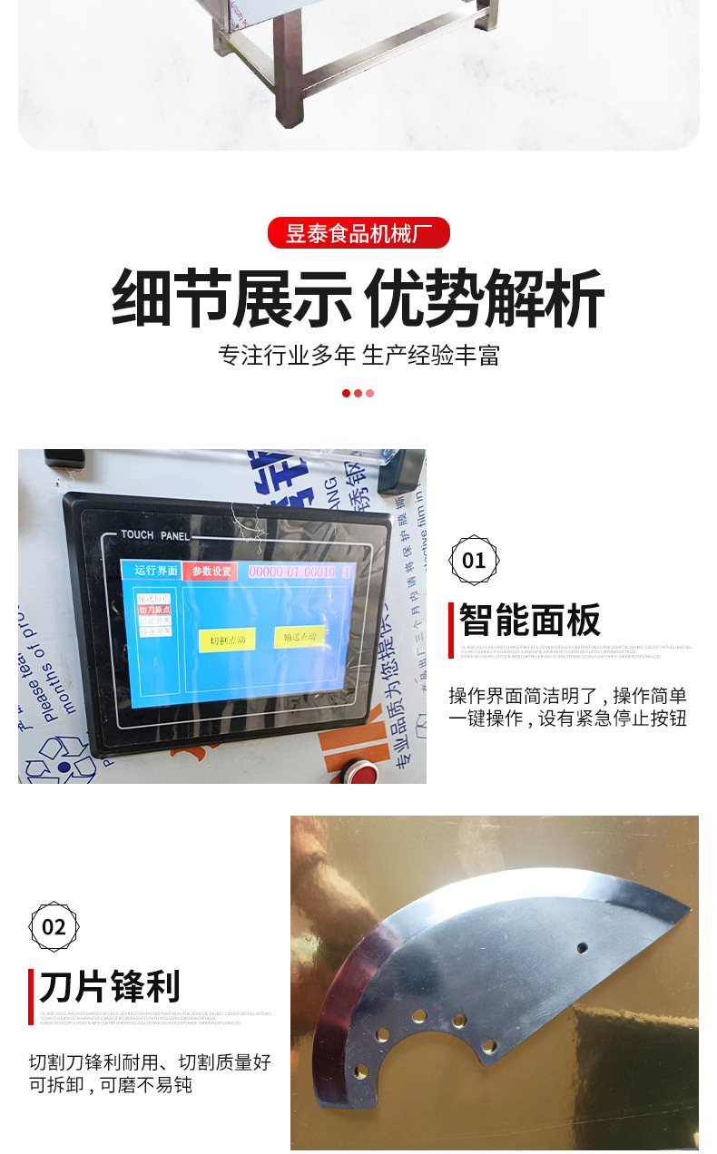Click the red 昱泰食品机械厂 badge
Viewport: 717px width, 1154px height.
[358, 233]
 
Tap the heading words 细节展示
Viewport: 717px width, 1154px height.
[231, 298]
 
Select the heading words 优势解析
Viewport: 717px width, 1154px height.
[484, 298]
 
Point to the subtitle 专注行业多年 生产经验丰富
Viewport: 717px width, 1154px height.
[358, 355]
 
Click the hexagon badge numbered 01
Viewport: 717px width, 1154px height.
[474, 560]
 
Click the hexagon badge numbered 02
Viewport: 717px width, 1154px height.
[54, 926]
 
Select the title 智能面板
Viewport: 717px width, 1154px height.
[530, 621]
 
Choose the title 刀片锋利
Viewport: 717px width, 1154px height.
[110, 986]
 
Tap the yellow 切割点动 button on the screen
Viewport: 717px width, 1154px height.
[227, 640]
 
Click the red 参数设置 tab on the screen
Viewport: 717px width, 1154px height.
[210, 572]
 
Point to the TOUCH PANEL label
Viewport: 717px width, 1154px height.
[155, 535]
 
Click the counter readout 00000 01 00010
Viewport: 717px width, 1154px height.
[292, 572]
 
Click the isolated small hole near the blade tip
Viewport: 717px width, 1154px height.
[582, 948]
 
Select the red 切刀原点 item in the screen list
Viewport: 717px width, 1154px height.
[154, 610]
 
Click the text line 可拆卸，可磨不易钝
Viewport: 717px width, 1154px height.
[110, 1085]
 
